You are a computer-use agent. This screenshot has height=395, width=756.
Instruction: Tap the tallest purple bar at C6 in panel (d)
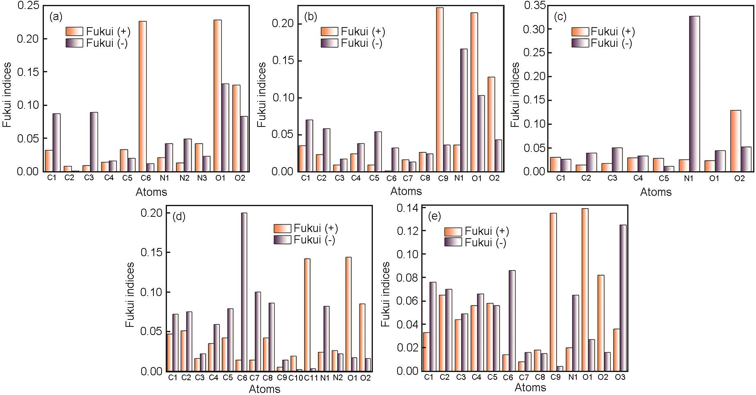[244, 292]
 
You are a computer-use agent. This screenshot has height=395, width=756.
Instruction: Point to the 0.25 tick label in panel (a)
[28, 6]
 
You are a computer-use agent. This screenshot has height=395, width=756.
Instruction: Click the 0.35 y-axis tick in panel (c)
[534, 6]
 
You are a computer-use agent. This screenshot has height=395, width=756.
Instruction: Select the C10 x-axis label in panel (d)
[295, 378]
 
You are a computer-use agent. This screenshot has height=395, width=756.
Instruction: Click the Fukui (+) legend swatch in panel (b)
[329, 32]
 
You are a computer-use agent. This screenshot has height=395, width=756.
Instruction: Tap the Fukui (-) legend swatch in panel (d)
[282, 240]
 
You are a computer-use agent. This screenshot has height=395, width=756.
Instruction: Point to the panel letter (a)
[56, 17]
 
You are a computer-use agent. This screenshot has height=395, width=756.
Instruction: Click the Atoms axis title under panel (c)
[656, 192]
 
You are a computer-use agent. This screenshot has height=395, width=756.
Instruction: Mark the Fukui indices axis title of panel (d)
[130, 294]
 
